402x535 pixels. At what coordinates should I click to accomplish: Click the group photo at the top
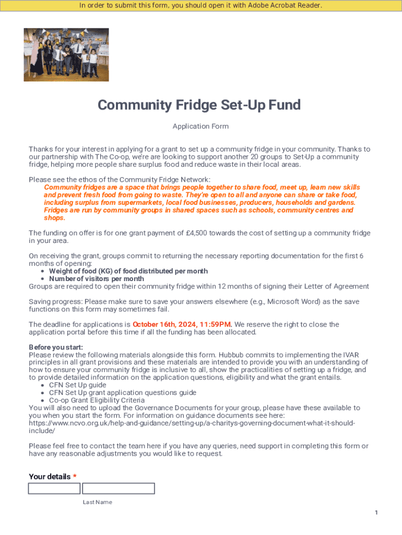click(66, 54)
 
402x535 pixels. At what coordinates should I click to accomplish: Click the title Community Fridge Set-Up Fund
click(199, 106)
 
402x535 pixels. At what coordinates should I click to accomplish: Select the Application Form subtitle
click(200, 126)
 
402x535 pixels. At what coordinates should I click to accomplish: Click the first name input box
click(54, 489)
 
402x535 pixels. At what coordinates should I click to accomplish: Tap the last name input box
click(119, 489)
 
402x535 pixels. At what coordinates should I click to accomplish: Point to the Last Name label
click(97, 502)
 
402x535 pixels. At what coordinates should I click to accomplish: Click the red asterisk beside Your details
click(75, 476)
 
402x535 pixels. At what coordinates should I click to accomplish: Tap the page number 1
click(376, 513)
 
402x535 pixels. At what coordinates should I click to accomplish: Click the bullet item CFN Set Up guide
click(77, 385)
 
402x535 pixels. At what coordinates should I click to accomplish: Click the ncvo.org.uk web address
click(192, 423)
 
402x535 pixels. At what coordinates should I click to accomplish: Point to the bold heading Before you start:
click(56, 347)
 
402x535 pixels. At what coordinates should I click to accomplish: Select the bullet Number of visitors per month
click(96, 278)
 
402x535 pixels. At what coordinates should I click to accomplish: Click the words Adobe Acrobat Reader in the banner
click(285, 6)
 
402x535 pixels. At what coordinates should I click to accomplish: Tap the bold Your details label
click(50, 476)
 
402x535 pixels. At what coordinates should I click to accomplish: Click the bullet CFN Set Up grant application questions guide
click(122, 392)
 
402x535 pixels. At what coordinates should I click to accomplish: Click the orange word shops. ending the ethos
click(54, 218)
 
